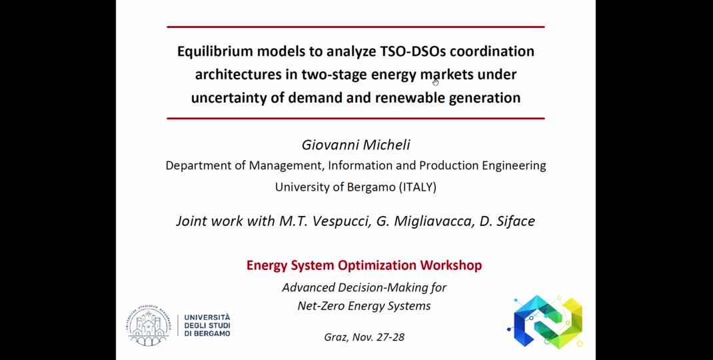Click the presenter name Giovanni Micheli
(355, 145)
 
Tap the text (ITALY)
(418, 187)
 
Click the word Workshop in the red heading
(450, 265)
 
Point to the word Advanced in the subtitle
(309, 287)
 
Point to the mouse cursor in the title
(435, 81)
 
